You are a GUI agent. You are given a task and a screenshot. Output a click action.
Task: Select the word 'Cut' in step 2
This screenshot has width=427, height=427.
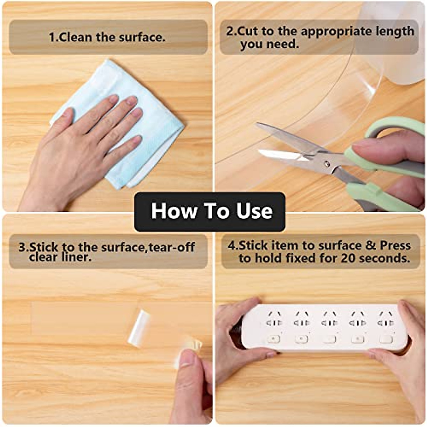[248, 31]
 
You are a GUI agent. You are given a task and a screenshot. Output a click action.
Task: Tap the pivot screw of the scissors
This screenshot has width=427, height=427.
[326, 164]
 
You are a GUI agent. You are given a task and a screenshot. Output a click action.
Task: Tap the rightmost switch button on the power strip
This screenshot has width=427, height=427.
[386, 338]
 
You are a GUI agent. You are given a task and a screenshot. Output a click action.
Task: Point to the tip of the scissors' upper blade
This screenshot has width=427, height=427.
[258, 125]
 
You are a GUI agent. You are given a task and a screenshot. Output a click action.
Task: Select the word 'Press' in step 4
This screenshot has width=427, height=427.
[395, 245]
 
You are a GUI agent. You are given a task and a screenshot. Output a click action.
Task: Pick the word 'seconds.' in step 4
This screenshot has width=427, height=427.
[384, 258]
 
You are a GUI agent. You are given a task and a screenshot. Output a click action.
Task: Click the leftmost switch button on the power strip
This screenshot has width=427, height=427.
[273, 338]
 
